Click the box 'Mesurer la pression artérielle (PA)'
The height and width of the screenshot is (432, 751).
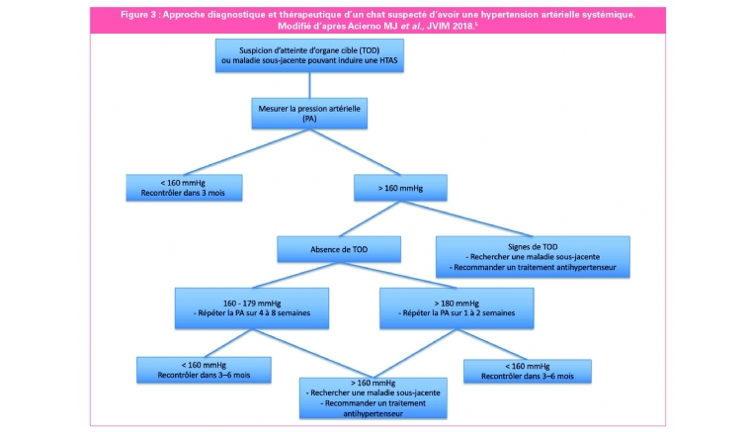(309, 114)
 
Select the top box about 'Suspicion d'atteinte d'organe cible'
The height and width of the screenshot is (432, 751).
(309, 55)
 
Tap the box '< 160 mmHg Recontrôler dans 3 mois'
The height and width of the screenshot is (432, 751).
(184, 187)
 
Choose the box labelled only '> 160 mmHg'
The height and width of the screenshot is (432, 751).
(400, 188)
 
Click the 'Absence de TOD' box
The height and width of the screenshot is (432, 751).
(339, 249)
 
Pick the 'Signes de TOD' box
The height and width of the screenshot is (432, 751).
(533, 257)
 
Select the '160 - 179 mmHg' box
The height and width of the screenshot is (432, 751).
(252, 308)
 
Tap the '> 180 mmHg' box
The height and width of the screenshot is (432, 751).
(457, 308)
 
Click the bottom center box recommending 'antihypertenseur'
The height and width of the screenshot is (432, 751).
(374, 398)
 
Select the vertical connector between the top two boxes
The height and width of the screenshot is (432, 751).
(309, 85)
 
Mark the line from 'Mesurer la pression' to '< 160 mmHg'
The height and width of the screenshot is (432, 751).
(247, 152)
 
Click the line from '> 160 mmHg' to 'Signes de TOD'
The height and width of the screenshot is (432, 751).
(466, 218)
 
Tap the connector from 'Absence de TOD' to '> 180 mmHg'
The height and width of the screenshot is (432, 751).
(397, 275)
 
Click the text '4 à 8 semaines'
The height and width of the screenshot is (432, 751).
(285, 313)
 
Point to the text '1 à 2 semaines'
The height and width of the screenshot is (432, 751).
(489, 313)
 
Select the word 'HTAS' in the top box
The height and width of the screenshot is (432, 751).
(388, 61)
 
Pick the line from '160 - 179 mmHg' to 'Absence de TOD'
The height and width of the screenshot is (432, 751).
(295, 275)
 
